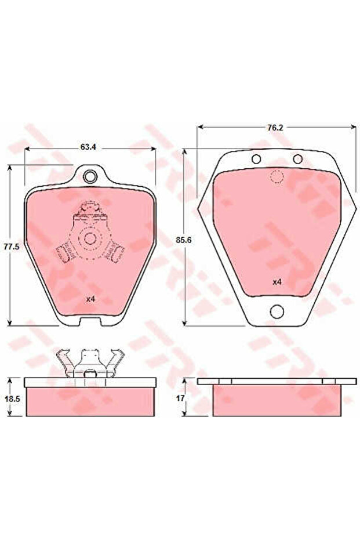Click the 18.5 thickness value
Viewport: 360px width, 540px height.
pos(12,399)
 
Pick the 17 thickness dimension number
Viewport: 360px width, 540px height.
pos(180,398)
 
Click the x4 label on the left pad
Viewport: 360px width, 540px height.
pos(90,299)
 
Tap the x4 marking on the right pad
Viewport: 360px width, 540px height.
pos(277,282)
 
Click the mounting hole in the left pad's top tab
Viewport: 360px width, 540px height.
pos(90,177)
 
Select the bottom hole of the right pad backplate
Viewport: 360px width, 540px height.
pos(277,311)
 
